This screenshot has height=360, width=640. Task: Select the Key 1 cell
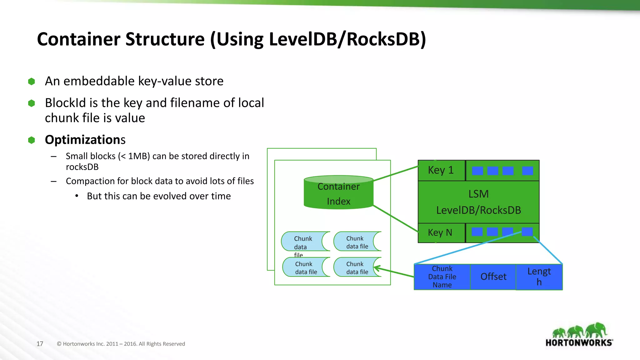(441, 170)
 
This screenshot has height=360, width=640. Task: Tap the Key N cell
(441, 232)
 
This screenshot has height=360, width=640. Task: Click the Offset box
(493, 277)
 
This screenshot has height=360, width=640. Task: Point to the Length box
(539, 277)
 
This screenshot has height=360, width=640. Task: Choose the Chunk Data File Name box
(442, 277)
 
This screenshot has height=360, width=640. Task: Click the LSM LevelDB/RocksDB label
(478, 202)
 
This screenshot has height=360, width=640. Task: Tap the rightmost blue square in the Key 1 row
(527, 171)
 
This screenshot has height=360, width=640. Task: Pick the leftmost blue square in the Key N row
(477, 232)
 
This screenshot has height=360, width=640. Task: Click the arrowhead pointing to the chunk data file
(376, 268)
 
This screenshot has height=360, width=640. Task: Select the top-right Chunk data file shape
(357, 242)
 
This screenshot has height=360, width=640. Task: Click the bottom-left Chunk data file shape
(306, 267)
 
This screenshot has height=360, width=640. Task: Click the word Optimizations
(85, 140)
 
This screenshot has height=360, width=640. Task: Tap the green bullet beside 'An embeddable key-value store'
(32, 82)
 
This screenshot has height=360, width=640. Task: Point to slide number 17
(40, 344)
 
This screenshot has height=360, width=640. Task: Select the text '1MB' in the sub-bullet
(138, 156)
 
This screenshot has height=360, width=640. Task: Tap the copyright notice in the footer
(121, 344)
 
